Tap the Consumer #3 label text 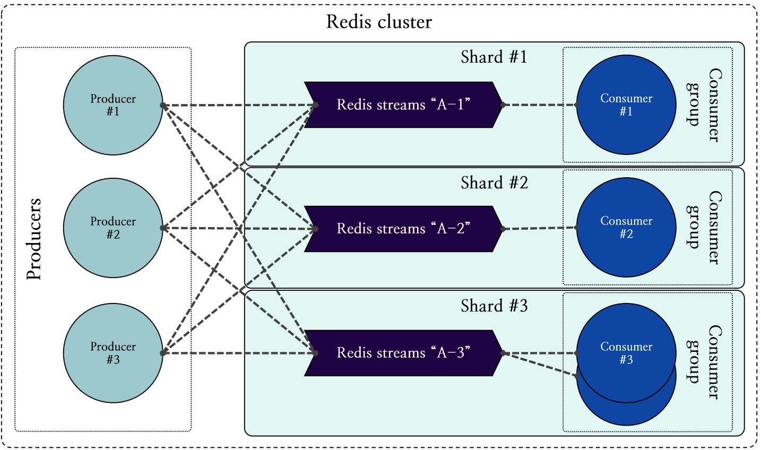tap(626, 353)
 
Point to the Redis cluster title tap(379, 22)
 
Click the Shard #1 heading tap(494, 57)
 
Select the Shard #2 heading tap(494, 183)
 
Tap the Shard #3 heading tap(494, 306)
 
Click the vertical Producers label tap(34, 239)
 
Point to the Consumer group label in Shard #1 tap(704, 105)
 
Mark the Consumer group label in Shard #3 tap(704, 362)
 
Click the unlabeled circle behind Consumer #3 tap(626, 414)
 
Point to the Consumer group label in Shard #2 tap(704, 228)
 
